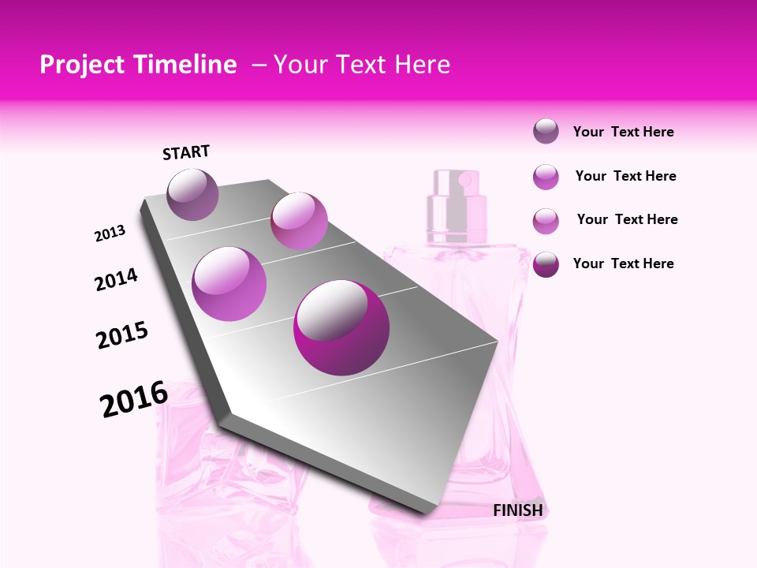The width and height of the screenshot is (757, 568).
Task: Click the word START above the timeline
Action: pyautogui.click(x=186, y=152)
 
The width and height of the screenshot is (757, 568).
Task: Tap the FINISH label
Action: pyautogui.click(x=518, y=510)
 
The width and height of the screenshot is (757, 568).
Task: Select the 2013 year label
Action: pyautogui.click(x=110, y=234)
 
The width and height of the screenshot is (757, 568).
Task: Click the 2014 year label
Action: pyautogui.click(x=117, y=279)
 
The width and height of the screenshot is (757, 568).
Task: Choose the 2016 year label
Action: pyautogui.click(x=134, y=399)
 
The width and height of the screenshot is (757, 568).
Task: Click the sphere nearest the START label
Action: pyautogui.click(x=193, y=193)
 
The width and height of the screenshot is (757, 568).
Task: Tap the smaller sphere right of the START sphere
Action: pyautogui.click(x=299, y=220)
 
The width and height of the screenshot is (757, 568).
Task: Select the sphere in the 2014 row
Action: pyautogui.click(x=229, y=283)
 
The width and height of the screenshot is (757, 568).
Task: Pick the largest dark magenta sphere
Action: pyautogui.click(x=341, y=327)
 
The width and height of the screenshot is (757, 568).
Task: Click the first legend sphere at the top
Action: pyautogui.click(x=546, y=132)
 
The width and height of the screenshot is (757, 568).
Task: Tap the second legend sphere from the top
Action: pyautogui.click(x=546, y=177)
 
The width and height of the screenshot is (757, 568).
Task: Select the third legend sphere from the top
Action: pyautogui.click(x=546, y=221)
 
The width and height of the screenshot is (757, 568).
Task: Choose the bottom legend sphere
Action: pyautogui.click(x=546, y=264)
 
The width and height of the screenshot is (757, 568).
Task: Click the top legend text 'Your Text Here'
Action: pyautogui.click(x=623, y=132)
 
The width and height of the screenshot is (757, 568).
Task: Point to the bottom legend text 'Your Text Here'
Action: pyautogui.click(x=623, y=263)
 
